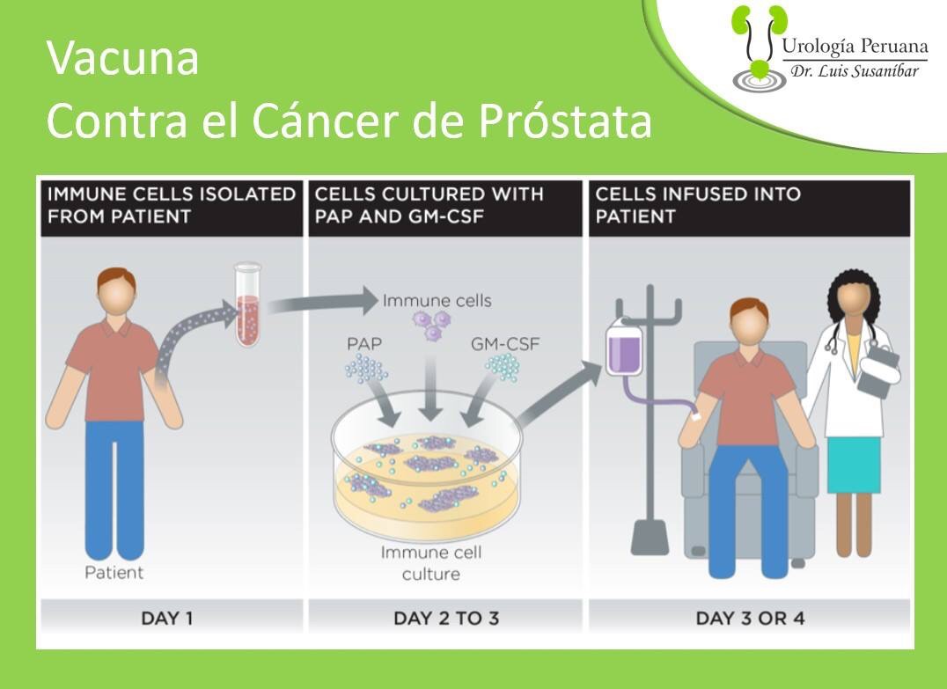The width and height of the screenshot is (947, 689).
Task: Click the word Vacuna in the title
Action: tap(122, 58)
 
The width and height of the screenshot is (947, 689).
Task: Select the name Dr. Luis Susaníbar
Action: tap(855, 71)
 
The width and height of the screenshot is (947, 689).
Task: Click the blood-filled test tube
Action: tap(247, 304)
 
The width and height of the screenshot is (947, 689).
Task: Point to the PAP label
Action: tap(364, 343)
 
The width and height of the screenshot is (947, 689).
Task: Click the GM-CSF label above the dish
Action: tap(505, 343)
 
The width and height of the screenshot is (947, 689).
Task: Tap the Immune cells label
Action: tap(437, 300)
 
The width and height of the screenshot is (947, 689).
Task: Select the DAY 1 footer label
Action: tap(166, 619)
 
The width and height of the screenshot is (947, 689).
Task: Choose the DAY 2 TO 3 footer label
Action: tap(446, 619)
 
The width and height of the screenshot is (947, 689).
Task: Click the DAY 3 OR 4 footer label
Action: tap(750, 619)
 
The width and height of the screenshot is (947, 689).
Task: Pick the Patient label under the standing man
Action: tap(114, 573)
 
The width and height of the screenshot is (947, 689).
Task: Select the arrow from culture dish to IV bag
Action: tap(559, 392)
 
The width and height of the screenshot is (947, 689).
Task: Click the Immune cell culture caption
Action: tap(431, 563)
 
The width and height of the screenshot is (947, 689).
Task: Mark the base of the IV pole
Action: tap(650, 537)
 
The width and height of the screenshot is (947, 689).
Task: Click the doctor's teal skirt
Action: tap(854, 464)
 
